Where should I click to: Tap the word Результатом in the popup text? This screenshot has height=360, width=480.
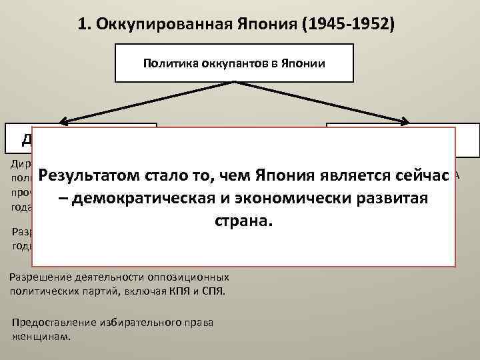click(87, 177)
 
